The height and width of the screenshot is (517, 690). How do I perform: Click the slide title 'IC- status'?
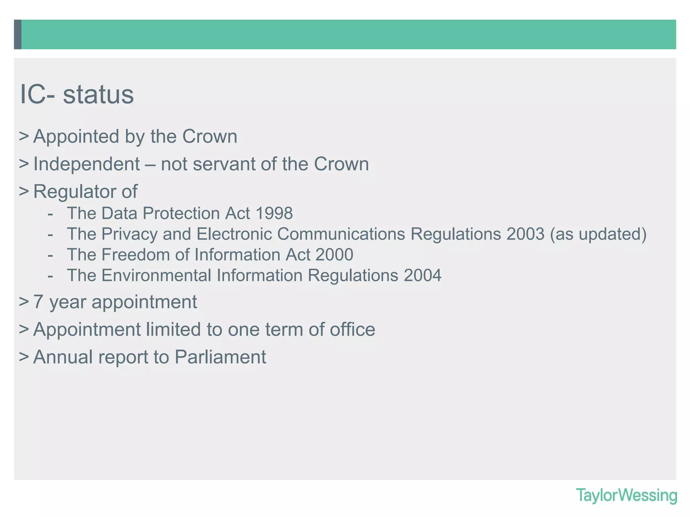[x=77, y=95]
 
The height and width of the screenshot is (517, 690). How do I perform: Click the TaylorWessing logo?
[x=626, y=495]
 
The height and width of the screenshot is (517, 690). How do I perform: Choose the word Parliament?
[x=220, y=357]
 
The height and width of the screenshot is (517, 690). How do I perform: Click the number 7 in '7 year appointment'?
[x=38, y=302]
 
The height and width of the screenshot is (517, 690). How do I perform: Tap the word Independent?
[x=87, y=164]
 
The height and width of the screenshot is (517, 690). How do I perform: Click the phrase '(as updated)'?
[x=598, y=234]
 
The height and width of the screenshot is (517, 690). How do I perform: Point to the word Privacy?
[x=129, y=234]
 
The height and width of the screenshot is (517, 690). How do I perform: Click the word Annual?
[x=63, y=357]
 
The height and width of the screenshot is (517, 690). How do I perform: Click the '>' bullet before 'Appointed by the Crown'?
[x=24, y=137]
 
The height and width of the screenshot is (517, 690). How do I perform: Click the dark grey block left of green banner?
[x=18, y=34]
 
